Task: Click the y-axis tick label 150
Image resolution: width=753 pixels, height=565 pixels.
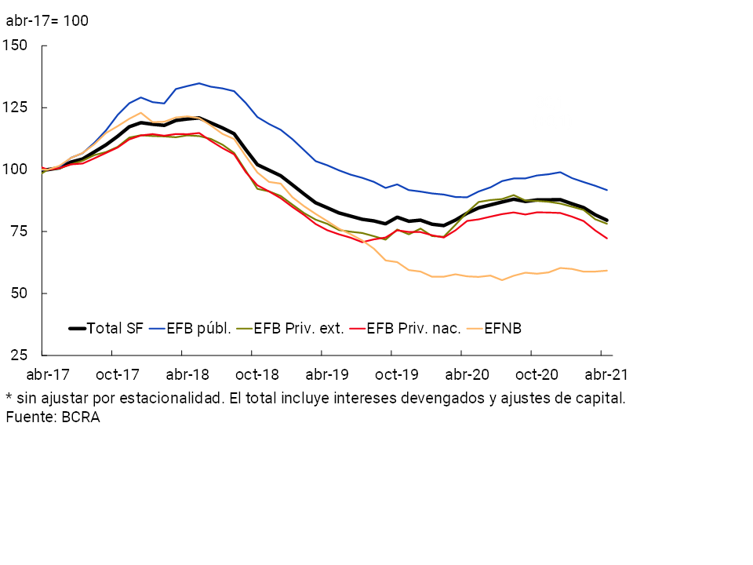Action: point(16,45)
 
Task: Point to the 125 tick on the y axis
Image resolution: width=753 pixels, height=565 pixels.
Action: point(16,107)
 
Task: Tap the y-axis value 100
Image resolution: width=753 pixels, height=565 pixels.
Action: point(16,169)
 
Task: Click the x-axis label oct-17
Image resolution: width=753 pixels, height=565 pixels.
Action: point(118,374)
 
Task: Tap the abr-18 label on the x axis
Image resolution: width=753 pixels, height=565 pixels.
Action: point(187,374)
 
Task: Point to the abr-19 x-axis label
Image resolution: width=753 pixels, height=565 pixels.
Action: point(326,374)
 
